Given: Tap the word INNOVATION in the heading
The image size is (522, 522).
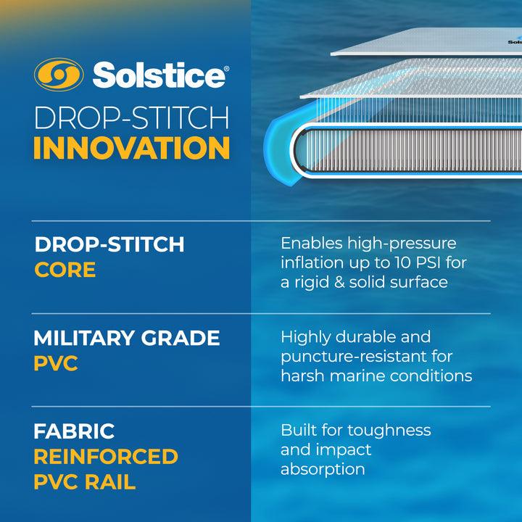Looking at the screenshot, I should click(x=131, y=147).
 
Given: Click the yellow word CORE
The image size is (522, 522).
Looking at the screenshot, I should click(x=65, y=270).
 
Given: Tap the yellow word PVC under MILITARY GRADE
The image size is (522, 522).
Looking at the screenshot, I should click(x=55, y=363).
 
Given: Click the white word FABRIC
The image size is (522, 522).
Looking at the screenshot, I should click(x=74, y=431).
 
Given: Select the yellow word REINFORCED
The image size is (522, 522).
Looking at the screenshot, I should click(x=106, y=457).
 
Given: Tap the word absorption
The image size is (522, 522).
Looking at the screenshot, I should click(x=322, y=469).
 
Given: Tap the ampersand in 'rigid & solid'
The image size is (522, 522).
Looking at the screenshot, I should click(x=333, y=282).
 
